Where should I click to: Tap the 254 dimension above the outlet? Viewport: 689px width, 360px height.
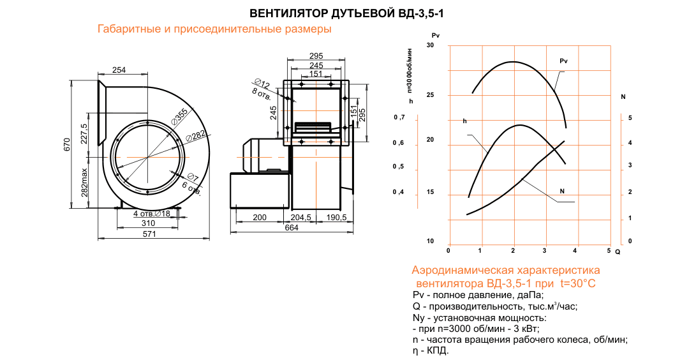[x=119, y=70]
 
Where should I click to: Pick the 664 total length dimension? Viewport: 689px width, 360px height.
[x=292, y=229]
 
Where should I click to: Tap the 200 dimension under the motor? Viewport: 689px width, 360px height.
[x=260, y=217]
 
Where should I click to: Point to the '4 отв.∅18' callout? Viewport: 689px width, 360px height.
[x=152, y=213]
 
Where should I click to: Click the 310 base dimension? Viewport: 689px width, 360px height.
[x=148, y=223]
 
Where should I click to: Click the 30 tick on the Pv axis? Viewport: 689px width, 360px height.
[x=430, y=45]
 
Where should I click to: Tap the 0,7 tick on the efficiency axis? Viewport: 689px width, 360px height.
[x=399, y=118]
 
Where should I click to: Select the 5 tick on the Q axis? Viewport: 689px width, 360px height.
[x=609, y=250]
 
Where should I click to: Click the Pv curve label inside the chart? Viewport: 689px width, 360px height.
[x=563, y=61]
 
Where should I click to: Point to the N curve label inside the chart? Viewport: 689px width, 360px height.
[x=561, y=191]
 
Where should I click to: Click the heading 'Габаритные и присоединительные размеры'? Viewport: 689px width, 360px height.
[x=214, y=29]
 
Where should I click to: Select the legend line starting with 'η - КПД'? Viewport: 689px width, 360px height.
[x=431, y=350]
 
